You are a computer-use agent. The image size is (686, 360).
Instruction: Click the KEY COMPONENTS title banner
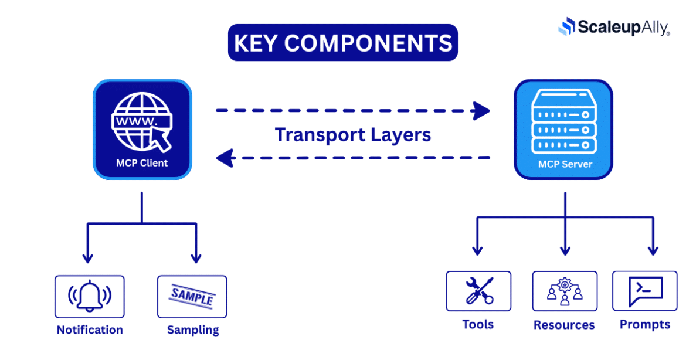tap(342, 43)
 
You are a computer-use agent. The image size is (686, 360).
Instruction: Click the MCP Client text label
tap(142, 163)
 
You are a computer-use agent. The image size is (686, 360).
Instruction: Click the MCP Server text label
tap(565, 164)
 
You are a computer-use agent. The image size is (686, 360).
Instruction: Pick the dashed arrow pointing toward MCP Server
tap(352, 110)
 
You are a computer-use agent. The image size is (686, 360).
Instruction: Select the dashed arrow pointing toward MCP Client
tap(352, 157)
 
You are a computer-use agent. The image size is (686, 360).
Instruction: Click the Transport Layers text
tap(353, 134)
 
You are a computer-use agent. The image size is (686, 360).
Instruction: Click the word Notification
tap(90, 330)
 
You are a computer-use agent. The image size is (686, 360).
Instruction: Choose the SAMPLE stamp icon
tap(192, 297)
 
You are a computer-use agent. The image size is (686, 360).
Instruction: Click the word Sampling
tap(193, 330)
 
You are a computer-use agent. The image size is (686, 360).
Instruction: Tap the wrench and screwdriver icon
tap(478, 291)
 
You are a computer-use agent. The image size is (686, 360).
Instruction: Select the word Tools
tap(478, 324)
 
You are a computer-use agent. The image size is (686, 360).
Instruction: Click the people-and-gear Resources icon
tap(565, 291)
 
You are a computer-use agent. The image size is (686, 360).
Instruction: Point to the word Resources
tap(564, 325)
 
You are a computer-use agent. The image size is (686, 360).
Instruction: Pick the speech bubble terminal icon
tap(645, 291)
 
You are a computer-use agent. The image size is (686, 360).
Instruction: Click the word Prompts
tap(645, 324)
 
